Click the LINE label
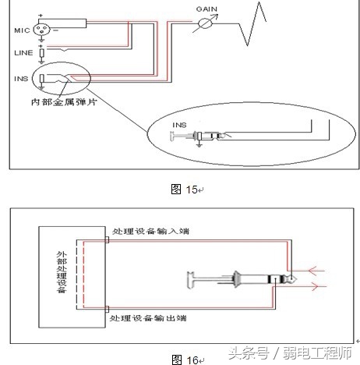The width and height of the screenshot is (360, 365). coord(23,52)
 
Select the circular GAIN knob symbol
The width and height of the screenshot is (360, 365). coord(206,23)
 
